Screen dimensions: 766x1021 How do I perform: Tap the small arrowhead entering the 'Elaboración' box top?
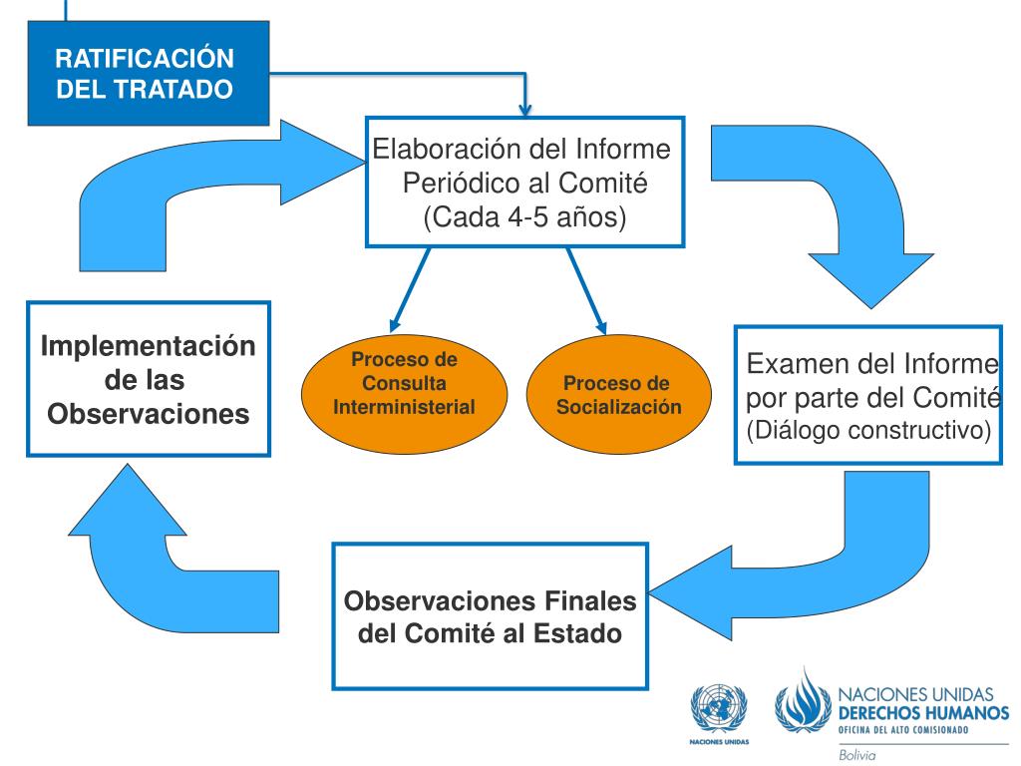[526, 108]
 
